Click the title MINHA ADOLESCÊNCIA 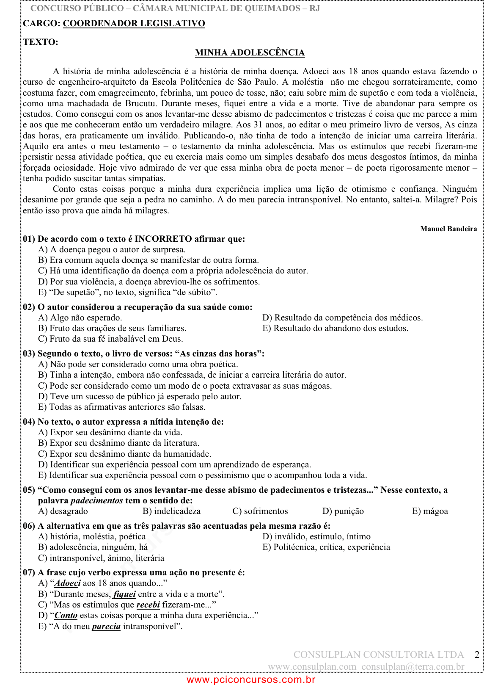tap(250, 52)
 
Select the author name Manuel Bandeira tap(448, 229)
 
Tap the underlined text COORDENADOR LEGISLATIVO tap(134, 24)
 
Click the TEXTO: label tap(41, 42)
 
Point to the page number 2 tap(477, 654)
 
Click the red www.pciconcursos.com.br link tap(251, 680)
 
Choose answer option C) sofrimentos tap(260, 511)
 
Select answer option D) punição tap(343, 511)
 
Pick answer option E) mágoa tap(430, 511)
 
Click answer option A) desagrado tap(63, 511)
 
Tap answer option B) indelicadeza tap(172, 511)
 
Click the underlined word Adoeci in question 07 tap(68, 583)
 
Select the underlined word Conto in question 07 tap(66, 615)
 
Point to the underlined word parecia tap(106, 626)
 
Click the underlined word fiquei tap(124, 594)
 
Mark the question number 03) tap(29, 353)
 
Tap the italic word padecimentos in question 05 tap(96, 500)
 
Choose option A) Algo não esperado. tap(80, 318)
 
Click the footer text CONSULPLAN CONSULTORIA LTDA tap(379, 654)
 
